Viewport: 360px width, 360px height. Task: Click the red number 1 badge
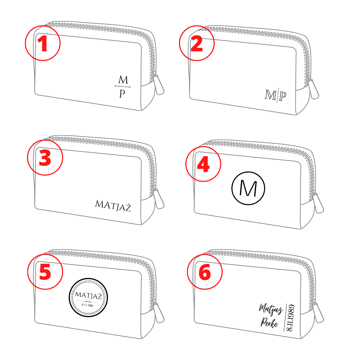point(43,43)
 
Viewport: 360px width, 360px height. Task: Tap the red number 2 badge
point(197,43)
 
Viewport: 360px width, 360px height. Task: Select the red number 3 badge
point(45,157)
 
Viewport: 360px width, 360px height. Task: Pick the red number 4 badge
point(203,164)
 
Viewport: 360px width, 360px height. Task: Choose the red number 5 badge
point(45,272)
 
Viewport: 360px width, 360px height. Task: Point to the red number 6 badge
point(205,272)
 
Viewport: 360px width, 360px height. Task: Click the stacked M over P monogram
point(123,86)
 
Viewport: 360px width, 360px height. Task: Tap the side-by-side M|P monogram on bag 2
point(276,95)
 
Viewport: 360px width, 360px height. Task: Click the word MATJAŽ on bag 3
point(113,205)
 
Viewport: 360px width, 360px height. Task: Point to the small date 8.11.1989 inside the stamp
point(87,305)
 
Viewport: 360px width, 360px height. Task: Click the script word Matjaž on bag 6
point(271,309)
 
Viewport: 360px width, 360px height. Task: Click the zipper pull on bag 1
point(158,84)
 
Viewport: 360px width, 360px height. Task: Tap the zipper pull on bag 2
point(313,89)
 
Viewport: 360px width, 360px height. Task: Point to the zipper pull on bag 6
point(318,313)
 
